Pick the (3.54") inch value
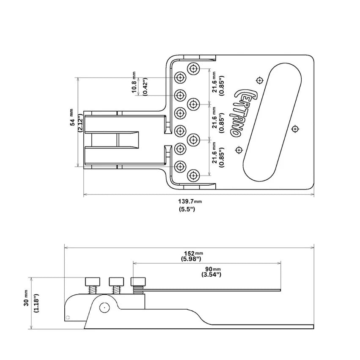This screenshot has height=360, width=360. click(212, 275)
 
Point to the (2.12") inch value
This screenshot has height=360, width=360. click(80, 124)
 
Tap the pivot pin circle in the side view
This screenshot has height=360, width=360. click(103, 308)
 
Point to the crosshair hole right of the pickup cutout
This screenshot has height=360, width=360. click(295, 129)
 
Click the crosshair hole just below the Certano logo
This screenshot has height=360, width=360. click(239, 150)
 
